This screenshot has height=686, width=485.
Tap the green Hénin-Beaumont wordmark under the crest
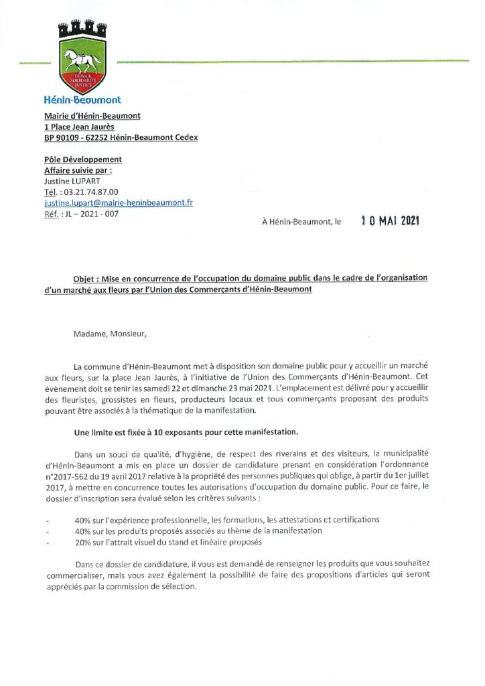point(82,98)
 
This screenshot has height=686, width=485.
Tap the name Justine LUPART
point(74,181)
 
